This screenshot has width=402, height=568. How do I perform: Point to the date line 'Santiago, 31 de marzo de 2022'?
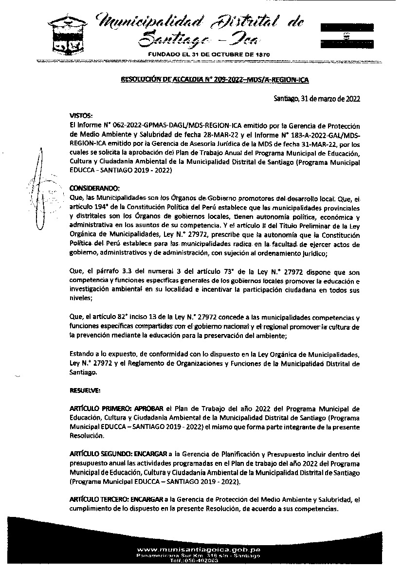click(316, 99)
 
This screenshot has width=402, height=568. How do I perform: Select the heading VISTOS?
click(81, 116)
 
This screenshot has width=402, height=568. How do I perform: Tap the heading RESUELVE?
click(85, 390)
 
